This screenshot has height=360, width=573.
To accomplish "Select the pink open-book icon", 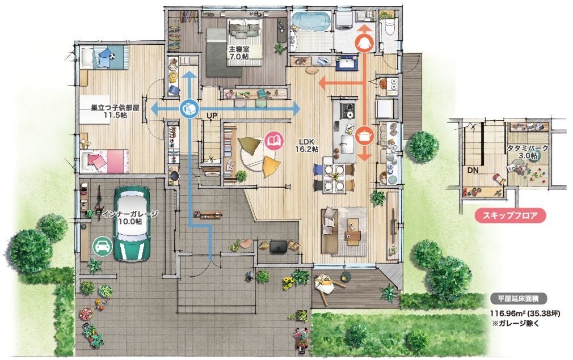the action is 274,140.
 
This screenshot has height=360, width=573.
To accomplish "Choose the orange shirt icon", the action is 364,43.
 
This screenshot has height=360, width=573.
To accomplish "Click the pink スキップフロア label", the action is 510,215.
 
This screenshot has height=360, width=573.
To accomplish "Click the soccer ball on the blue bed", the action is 112,57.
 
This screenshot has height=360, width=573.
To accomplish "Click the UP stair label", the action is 212,116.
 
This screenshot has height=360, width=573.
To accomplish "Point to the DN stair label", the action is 473,171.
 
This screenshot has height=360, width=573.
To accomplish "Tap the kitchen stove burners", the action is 348,110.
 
